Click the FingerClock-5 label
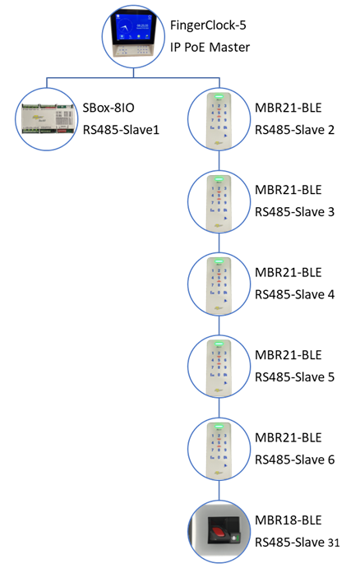point(208,25)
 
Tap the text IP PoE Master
point(210,47)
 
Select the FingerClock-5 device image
point(133,36)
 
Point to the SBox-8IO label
point(108,108)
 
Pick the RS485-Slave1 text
point(121,130)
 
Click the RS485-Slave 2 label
point(294,130)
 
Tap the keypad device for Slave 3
point(219,201)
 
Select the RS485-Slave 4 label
point(294,294)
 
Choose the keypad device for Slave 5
point(219,367)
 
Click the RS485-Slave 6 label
point(294,459)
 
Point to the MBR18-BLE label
point(288,520)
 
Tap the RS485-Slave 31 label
point(297,543)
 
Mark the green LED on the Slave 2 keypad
point(219,96)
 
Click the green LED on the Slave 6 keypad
point(219,426)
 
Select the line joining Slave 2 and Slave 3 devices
point(219,160)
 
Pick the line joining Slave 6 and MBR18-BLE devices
point(219,490)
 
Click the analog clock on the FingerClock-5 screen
point(125,27)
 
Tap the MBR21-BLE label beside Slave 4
point(288,272)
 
